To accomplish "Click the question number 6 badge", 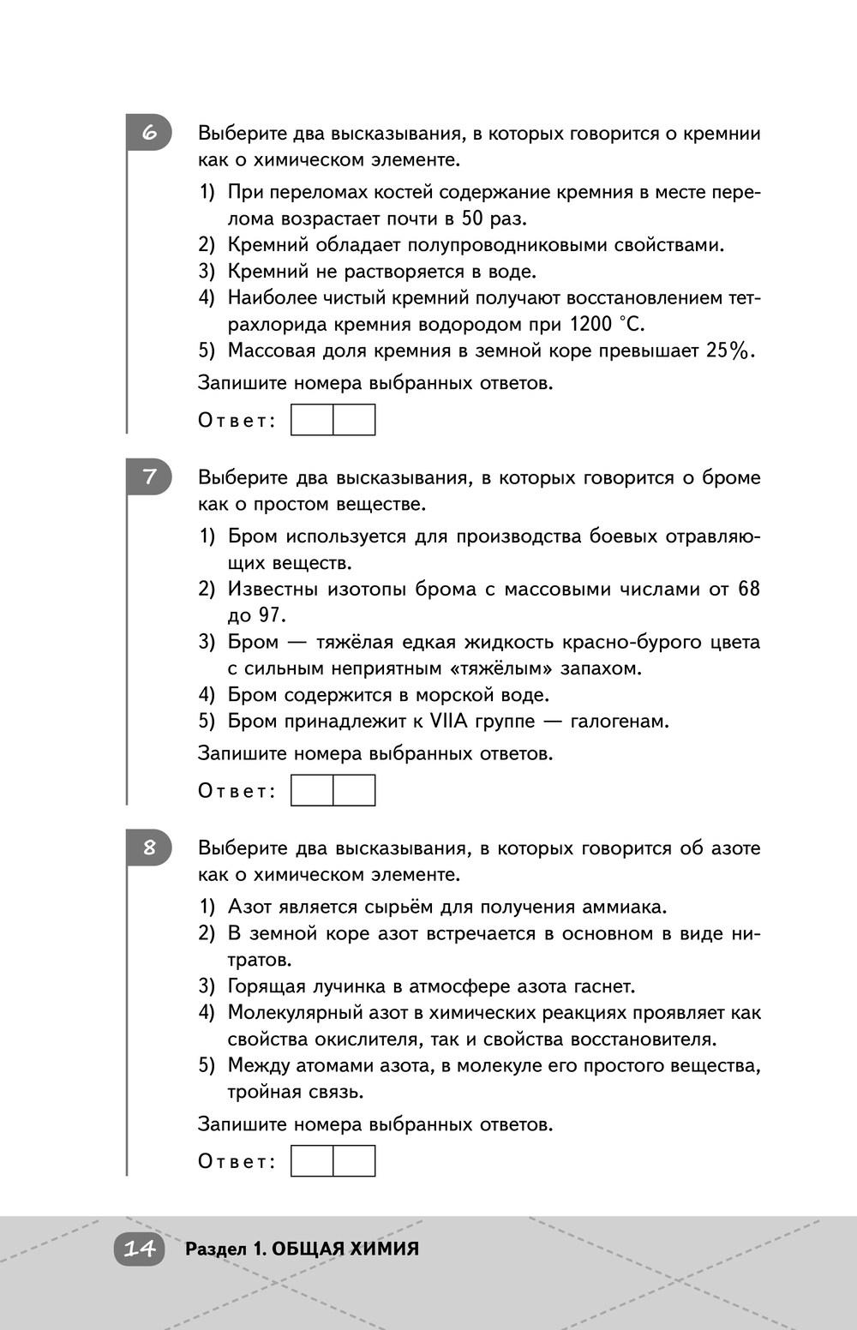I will click(150, 133).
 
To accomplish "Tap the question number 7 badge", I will click(150, 476).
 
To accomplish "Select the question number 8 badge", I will click(150, 848).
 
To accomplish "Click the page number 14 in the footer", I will click(139, 1249).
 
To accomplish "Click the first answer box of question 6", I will click(312, 420).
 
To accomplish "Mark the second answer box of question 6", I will click(354, 420).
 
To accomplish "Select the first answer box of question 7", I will click(312, 790).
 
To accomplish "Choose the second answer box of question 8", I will click(354, 1160).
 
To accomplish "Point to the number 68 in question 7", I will click(749, 589).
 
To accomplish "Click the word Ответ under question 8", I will click(237, 1161).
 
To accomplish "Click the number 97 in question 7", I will click(270, 615).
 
